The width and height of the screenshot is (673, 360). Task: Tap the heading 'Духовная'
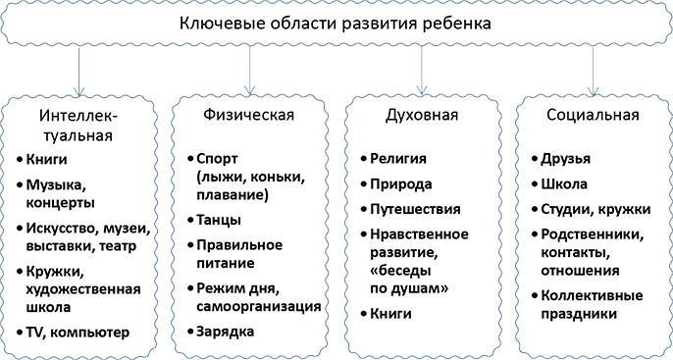(422, 116)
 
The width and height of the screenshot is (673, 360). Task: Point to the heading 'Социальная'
(592, 116)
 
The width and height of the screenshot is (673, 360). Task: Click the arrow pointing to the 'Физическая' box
(252, 67)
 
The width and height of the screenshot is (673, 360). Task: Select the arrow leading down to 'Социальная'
(593, 67)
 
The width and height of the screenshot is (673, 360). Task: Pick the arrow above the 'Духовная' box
(422, 67)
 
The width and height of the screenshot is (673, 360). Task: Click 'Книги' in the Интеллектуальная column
(55, 158)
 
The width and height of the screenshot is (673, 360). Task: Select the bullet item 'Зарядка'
(226, 332)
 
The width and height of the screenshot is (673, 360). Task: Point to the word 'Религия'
(397, 158)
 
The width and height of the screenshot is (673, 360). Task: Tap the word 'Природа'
(397, 183)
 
